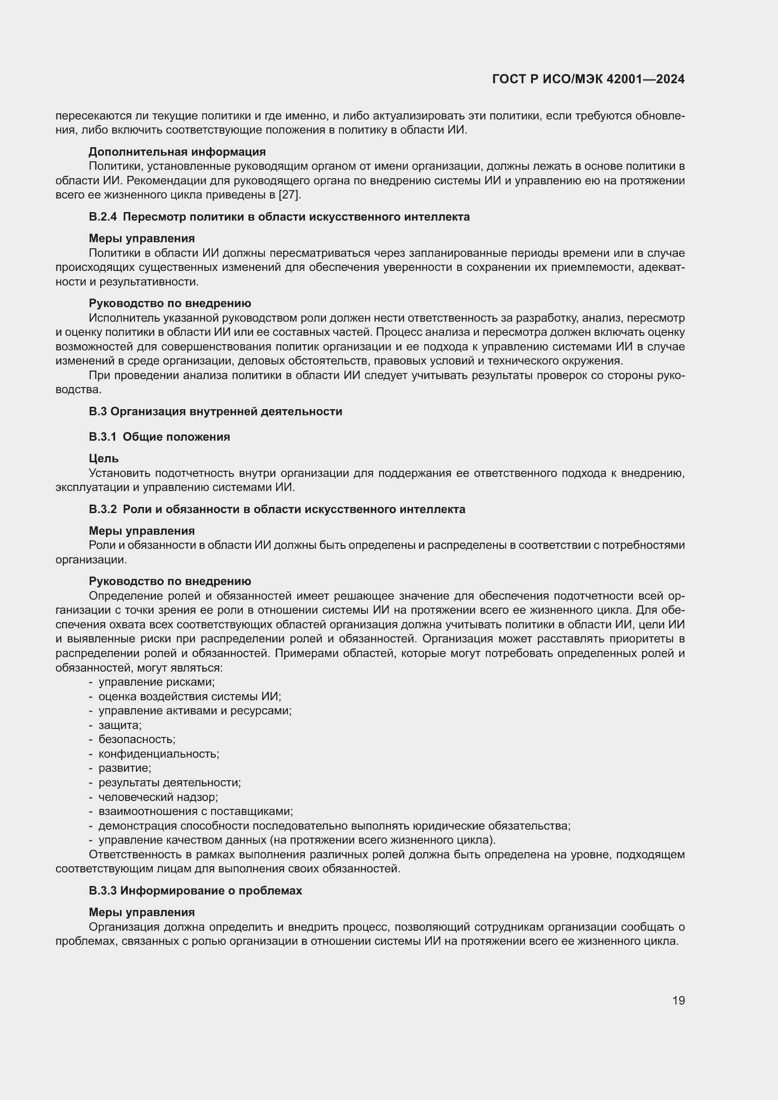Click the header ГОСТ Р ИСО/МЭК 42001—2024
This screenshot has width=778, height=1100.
pos(588,79)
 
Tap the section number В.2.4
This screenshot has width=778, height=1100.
pos(103,217)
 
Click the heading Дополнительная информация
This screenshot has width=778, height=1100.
pos(177,152)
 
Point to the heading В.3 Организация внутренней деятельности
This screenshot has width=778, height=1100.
pos(215,412)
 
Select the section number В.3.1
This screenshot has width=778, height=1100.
pos(103,437)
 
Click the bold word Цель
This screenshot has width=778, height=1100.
pos(103,459)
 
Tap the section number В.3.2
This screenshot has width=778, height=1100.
pos(103,509)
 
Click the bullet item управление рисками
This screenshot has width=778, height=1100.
pos(157,682)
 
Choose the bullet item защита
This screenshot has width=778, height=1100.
pos(120,725)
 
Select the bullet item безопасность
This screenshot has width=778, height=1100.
pos(137,739)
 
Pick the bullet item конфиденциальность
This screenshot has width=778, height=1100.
pos(159,753)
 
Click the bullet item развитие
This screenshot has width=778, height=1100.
pos(125,768)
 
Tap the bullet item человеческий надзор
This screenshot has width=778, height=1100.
pos(158,797)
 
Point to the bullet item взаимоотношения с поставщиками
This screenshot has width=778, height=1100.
pos(196,812)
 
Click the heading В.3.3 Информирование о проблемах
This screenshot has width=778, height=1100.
pos(195,891)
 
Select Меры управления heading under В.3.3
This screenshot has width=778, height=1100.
pos(142,912)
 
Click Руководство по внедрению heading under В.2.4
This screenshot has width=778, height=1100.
pos(170,303)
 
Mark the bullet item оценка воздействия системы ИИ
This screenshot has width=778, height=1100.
pos(190,696)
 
